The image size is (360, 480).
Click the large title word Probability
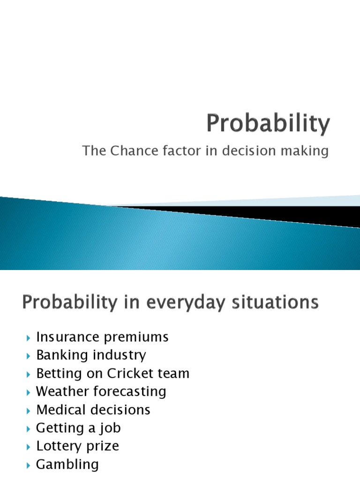coord(269,124)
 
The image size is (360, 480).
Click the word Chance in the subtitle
coord(128,151)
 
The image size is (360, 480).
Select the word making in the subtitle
coord(307,151)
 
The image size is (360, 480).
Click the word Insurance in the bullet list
coord(68,337)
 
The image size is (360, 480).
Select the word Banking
coord(62,355)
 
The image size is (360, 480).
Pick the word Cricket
coord(131,374)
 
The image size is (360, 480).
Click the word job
coord(112,428)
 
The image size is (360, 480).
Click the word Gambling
coord(67,465)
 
